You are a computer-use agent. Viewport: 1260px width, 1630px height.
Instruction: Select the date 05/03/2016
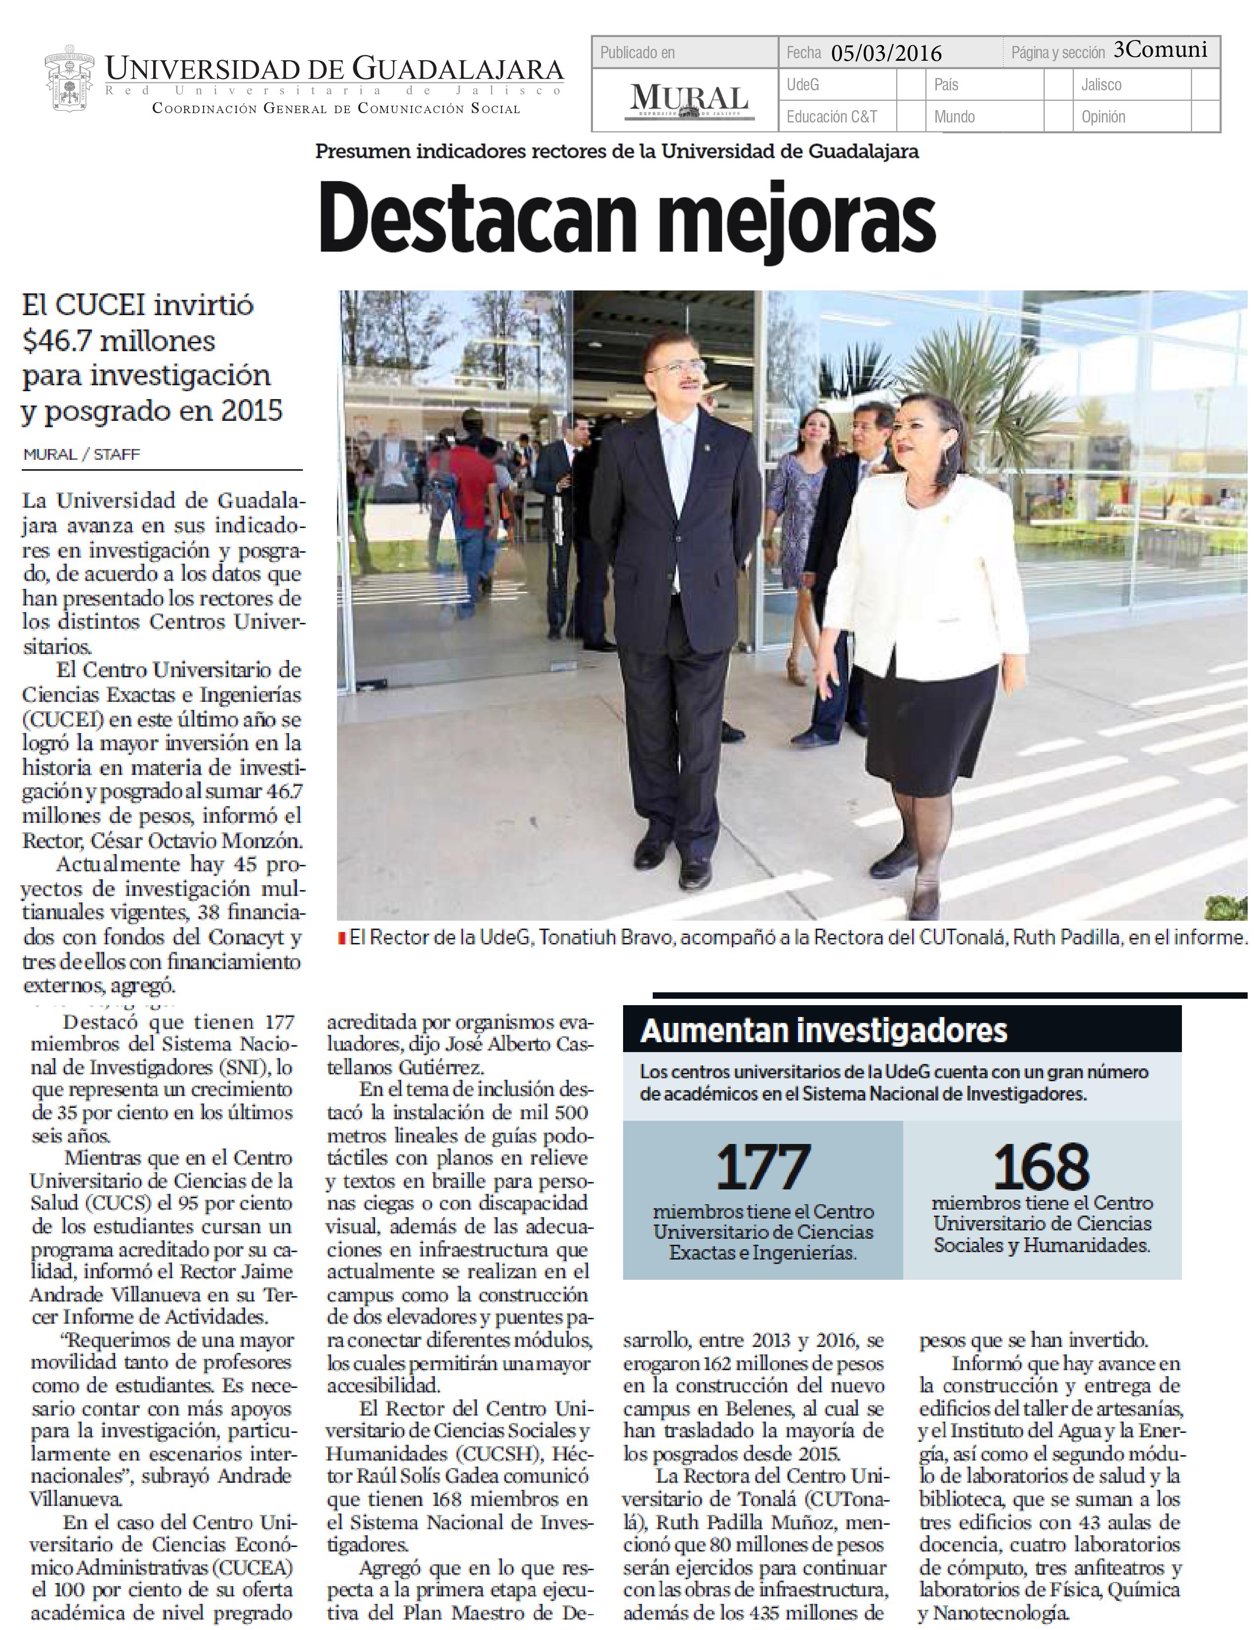(x=886, y=53)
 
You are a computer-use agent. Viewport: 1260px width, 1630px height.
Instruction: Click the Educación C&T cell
(x=832, y=117)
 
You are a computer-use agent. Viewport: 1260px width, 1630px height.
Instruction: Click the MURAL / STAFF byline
(x=82, y=454)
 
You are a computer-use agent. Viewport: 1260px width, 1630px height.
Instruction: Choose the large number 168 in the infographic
(x=1041, y=1167)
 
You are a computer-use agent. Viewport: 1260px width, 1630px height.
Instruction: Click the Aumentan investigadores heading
(x=823, y=1031)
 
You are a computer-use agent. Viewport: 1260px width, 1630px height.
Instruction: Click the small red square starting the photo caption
(x=342, y=938)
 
